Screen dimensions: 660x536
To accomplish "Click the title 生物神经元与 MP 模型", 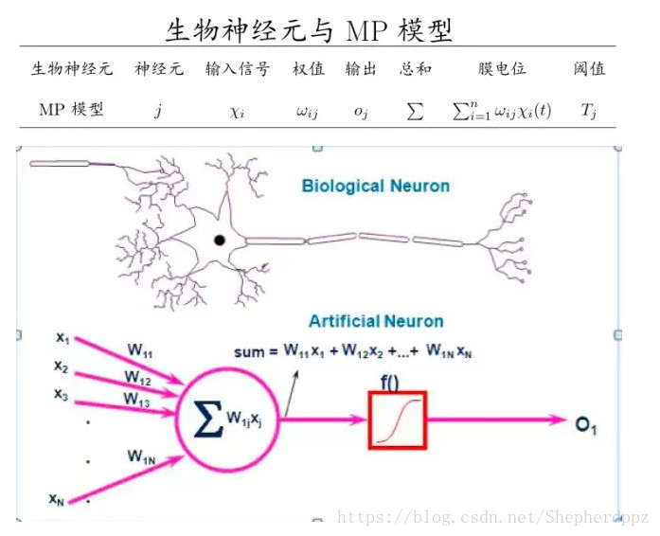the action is coord(309,29).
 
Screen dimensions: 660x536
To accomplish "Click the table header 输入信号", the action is coord(238,69).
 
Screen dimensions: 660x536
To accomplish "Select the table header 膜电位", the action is coord(502,69).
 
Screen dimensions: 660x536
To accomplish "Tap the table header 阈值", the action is coord(589,69).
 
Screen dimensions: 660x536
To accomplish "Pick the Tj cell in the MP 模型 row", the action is coord(589,111).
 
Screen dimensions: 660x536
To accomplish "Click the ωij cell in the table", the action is coord(307,111).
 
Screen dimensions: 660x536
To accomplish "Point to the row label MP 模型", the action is coord(72,110).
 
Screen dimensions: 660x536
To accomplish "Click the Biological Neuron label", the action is coord(376,186).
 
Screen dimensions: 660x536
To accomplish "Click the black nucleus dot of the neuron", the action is coord(220,241).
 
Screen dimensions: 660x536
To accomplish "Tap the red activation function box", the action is coord(398,420).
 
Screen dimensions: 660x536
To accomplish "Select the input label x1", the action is coord(62,337).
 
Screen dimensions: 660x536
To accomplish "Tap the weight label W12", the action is coord(137,378).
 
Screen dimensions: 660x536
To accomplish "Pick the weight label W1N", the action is coord(142,456).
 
